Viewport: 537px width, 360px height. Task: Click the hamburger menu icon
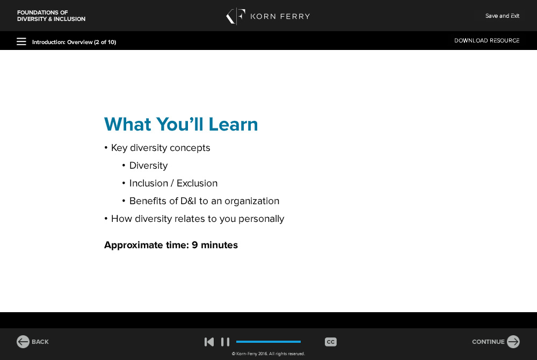click(x=21, y=41)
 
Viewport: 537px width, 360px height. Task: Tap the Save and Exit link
click(x=502, y=16)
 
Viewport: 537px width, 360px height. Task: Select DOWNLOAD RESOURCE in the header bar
click(x=487, y=40)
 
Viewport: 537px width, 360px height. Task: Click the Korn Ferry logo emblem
click(x=236, y=16)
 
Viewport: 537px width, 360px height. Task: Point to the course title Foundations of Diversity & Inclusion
click(x=52, y=16)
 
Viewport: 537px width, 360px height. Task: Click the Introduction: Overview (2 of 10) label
click(x=74, y=42)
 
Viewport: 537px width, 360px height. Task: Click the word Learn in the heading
click(x=233, y=124)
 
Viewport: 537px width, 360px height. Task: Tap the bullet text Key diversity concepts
click(x=161, y=148)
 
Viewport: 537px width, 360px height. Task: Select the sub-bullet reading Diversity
click(x=149, y=166)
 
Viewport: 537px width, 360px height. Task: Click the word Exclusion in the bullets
click(x=197, y=183)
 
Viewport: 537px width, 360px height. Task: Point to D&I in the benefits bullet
click(x=188, y=201)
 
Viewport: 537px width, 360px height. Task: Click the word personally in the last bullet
click(x=262, y=219)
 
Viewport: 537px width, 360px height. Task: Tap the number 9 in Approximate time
click(x=195, y=245)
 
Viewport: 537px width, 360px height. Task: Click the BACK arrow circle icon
click(x=23, y=342)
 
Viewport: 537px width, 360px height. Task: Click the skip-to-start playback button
click(x=209, y=342)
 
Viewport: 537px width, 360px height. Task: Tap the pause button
click(x=225, y=342)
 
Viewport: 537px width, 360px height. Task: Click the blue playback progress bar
click(x=268, y=342)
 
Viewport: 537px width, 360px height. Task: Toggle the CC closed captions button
click(x=330, y=342)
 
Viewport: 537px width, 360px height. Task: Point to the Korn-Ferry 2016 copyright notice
click(x=268, y=354)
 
